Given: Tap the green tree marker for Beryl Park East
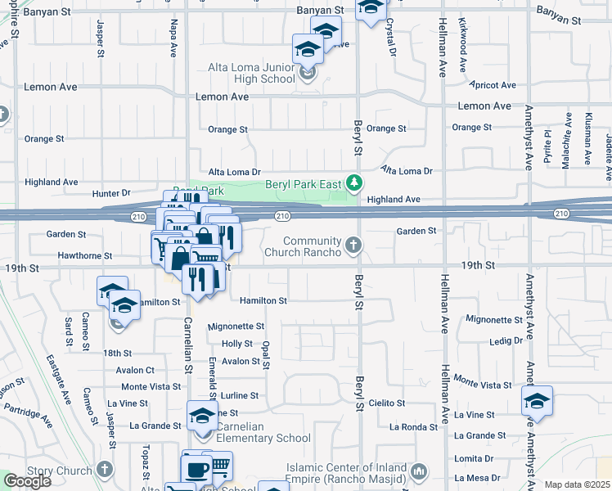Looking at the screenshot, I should coord(353,182).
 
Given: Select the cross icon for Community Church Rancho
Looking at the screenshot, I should coord(353,245).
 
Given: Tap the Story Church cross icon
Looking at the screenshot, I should coord(104,470).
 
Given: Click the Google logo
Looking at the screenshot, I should coord(27,481).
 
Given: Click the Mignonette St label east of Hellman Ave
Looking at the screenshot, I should coord(494,319).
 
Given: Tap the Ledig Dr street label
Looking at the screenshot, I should coord(506,340).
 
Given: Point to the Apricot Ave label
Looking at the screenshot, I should coord(493,85).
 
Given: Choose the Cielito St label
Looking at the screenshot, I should coord(386,403).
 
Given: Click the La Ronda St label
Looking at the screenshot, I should coord(413,426).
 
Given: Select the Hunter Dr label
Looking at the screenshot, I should coord(111,193).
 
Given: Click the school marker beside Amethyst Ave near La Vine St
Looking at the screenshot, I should coord(537,402).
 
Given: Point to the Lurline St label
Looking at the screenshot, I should coord(239,395).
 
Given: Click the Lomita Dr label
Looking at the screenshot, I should coord(476,458).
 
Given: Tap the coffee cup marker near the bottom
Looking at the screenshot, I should coord(196,470).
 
